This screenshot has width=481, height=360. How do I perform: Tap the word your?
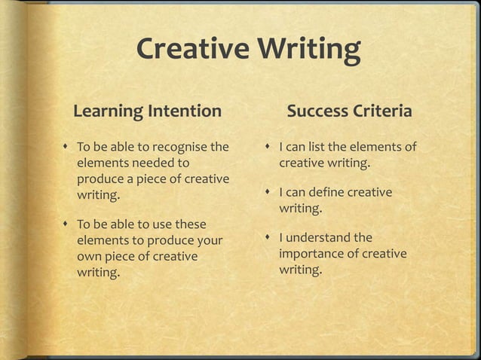coord(209,240)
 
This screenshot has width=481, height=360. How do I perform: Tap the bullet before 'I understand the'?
coord(269,238)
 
